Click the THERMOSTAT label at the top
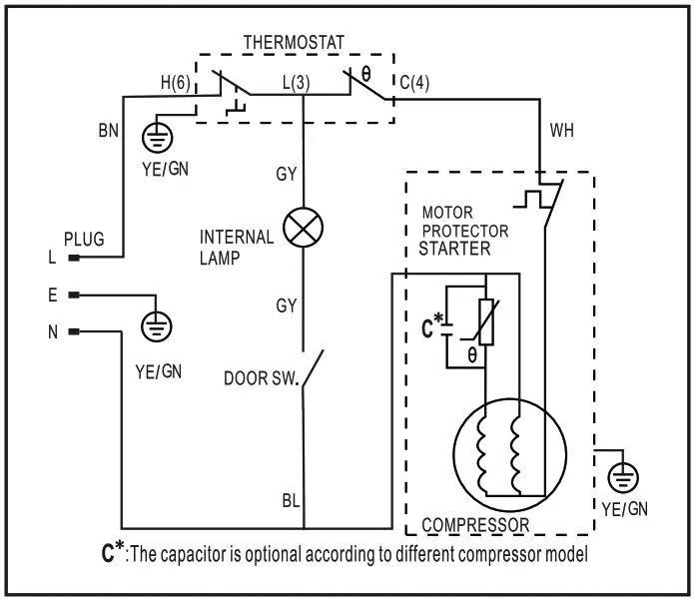point(294,42)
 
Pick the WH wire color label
point(562,131)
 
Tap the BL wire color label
point(290,500)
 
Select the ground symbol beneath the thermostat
point(159,136)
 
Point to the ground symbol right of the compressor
point(625,479)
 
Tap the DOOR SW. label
point(262,378)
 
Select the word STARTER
point(454,249)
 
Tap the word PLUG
point(84,240)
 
